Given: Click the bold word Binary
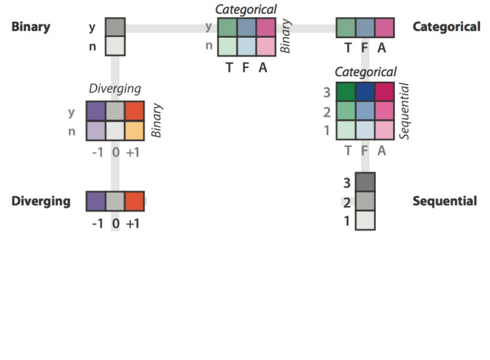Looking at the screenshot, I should click(31, 26).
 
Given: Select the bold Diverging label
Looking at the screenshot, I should click(41, 201).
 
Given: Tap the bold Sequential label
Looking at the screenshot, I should click(444, 201).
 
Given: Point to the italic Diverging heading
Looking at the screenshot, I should click(115, 89).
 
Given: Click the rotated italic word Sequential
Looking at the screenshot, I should click(405, 111).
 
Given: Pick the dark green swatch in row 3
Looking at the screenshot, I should click(346, 92).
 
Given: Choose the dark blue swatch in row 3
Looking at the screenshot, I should click(365, 92).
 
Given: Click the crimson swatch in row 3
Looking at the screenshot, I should click(384, 92).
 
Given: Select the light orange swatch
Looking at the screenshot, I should click(134, 130).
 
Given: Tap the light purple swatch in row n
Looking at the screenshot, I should click(96, 130).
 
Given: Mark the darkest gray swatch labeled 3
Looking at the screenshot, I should click(365, 182).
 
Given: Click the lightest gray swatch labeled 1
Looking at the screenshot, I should click(365, 220).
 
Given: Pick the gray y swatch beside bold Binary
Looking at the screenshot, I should click(115, 27).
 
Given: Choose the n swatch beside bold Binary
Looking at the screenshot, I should click(115, 46).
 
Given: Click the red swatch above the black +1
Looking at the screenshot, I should click(134, 201).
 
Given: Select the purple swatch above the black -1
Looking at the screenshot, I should click(96, 201).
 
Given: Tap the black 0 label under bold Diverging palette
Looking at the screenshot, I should click(116, 224).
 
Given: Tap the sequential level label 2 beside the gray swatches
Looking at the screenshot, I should click(347, 203).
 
